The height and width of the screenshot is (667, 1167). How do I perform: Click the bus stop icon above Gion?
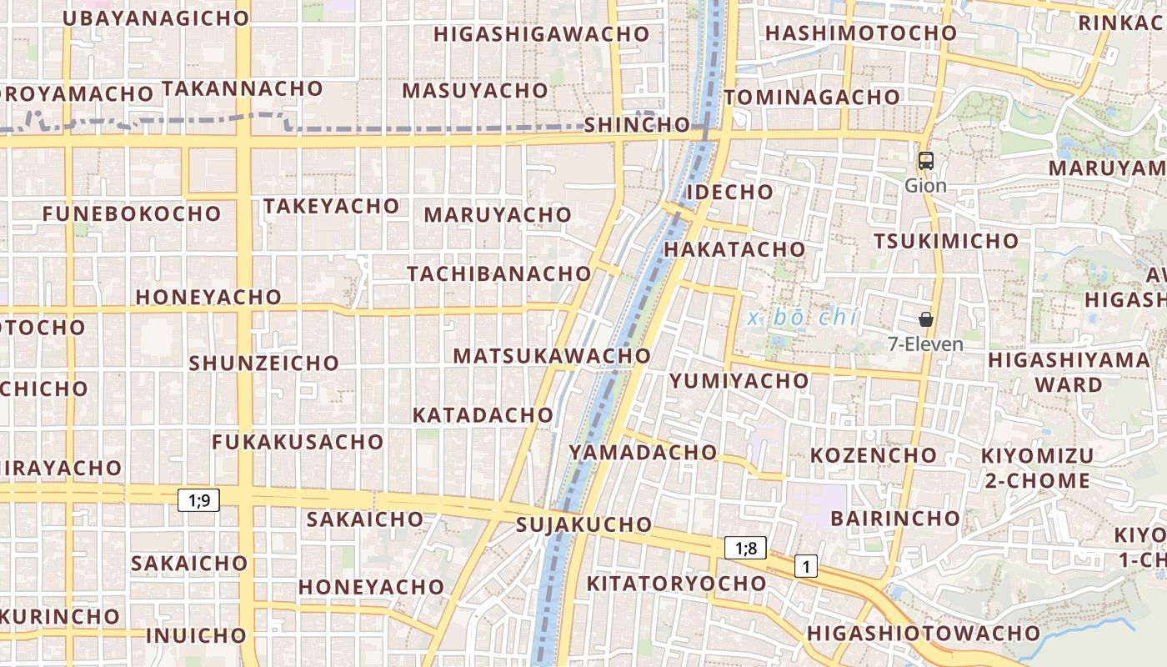(925, 161)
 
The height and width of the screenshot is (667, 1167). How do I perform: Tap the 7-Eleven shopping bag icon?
(925, 319)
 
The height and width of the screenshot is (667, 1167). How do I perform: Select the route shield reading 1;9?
(198, 500)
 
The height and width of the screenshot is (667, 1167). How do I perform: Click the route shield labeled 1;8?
(745, 548)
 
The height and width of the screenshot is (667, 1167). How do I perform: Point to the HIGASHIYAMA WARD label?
(1069, 372)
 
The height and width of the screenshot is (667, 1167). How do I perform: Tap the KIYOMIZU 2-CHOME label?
(1037, 468)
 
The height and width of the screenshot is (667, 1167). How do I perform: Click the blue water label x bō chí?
(803, 318)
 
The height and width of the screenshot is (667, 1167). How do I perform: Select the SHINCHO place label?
(637, 125)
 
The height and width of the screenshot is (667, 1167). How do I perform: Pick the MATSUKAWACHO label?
(551, 356)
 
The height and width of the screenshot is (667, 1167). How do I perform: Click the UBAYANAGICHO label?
(156, 18)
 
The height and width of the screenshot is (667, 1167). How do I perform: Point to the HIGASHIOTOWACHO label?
(924, 633)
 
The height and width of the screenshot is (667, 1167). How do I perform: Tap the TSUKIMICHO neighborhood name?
(946, 241)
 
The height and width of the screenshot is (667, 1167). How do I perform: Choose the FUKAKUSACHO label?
(298, 442)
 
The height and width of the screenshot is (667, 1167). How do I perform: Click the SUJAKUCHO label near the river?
(583, 524)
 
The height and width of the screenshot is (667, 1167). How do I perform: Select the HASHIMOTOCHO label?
(861, 33)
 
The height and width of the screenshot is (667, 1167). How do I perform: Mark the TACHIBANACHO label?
(498, 273)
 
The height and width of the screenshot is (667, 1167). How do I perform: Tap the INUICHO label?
(196, 635)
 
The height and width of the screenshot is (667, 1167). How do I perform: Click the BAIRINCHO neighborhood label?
(895, 518)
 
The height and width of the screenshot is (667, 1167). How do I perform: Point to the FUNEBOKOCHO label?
(132, 213)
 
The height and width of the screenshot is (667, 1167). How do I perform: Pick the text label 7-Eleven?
(925, 344)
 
